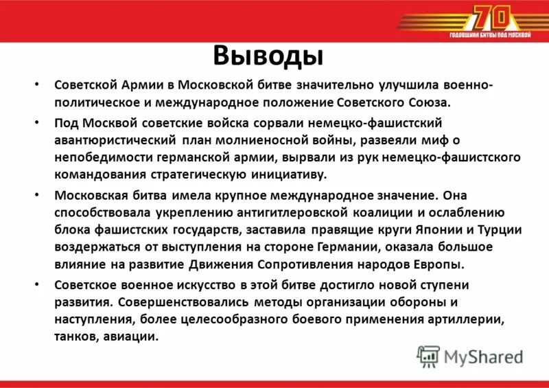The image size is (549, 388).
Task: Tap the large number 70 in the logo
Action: pos(491,17)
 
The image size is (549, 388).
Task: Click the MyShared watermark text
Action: pos(483,356)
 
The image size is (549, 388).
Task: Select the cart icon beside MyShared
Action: pos(429,356)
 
